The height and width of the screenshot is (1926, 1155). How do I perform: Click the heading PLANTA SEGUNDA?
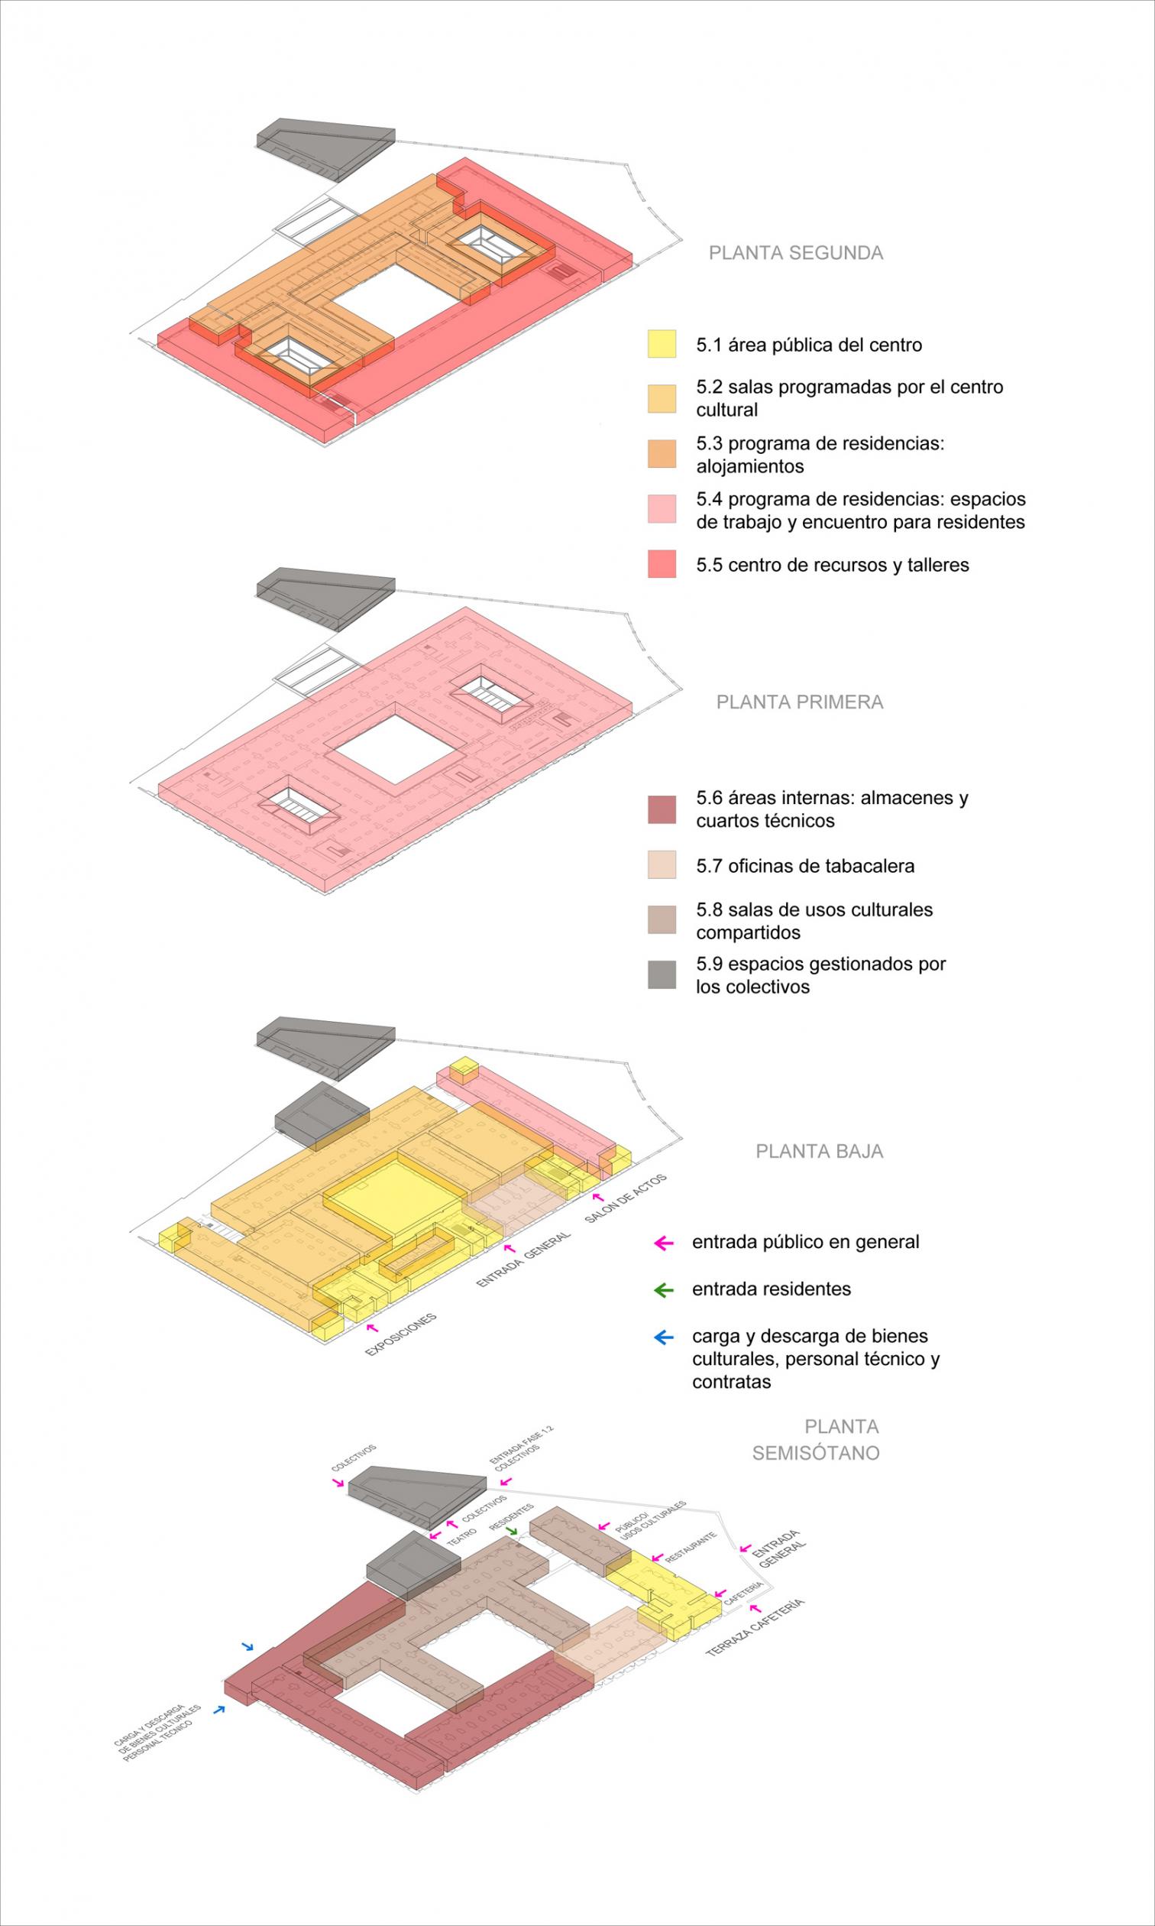(x=795, y=253)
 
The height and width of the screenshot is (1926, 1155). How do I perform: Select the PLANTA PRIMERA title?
(x=800, y=702)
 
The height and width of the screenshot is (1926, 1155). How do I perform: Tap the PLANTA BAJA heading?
(x=820, y=1151)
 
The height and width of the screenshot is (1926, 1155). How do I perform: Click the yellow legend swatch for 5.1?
(x=662, y=344)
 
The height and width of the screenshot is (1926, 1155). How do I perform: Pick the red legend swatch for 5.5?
(x=662, y=564)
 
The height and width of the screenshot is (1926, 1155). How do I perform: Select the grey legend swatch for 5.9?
(x=662, y=974)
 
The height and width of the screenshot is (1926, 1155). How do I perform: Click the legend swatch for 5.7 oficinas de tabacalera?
(x=662, y=865)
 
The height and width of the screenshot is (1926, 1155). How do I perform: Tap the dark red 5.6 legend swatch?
(x=662, y=809)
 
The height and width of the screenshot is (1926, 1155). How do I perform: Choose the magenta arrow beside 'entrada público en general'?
(x=664, y=1243)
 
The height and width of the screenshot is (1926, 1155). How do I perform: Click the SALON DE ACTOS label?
(x=626, y=1198)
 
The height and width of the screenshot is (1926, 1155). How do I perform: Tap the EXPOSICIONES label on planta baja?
(x=401, y=1335)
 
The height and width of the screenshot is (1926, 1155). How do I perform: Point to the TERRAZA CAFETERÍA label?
(x=754, y=1627)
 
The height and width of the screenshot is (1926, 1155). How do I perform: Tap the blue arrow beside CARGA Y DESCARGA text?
(x=219, y=1710)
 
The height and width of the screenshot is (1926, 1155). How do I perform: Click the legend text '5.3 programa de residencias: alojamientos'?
(x=820, y=455)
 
